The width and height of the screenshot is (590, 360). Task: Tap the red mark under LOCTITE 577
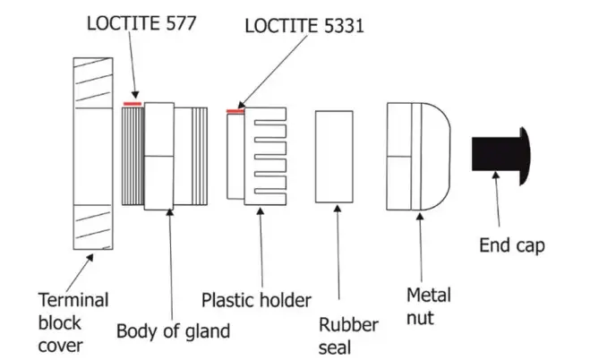pos(133,103)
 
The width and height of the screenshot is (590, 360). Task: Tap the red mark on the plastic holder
pos(235,111)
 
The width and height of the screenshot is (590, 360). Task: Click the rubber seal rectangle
pos(338,156)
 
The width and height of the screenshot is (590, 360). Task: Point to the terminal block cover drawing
pos(93,152)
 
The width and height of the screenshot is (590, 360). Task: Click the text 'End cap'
pos(511,245)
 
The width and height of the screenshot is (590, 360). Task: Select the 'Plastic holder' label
pos(256,299)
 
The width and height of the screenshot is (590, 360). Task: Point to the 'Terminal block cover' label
pos(72,321)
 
